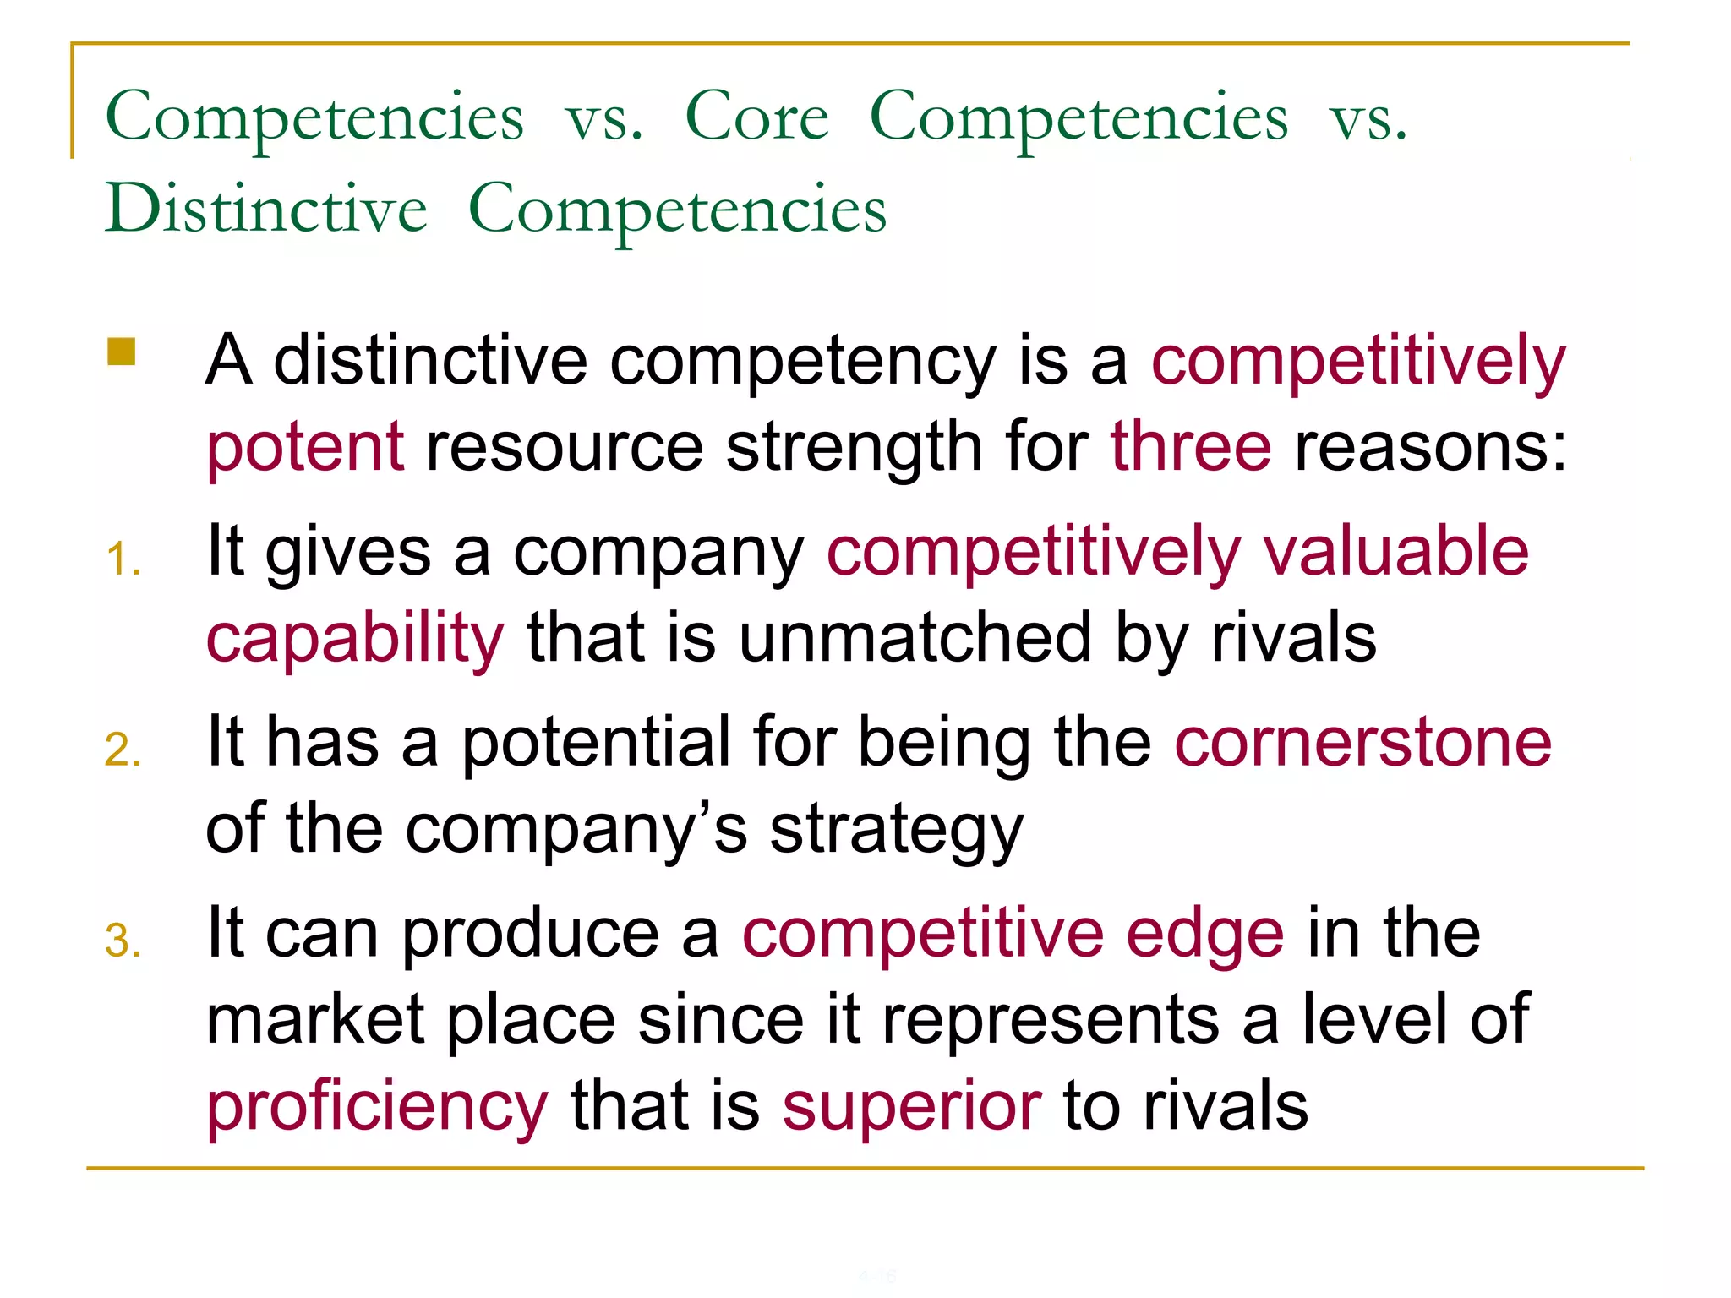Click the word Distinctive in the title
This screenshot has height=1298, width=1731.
click(x=266, y=209)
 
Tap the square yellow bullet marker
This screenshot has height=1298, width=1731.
click(x=122, y=352)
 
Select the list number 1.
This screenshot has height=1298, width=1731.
click(x=123, y=559)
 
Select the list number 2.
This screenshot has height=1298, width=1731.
click(x=123, y=750)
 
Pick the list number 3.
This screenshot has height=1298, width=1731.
click(x=123, y=941)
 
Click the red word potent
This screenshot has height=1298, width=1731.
click(x=305, y=447)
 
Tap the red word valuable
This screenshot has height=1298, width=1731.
click(x=1395, y=551)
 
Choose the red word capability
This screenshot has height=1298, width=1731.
click(x=355, y=639)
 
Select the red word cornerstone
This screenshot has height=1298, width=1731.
click(x=1362, y=743)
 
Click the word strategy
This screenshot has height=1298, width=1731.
click(x=897, y=831)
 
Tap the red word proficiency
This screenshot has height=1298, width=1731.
click(x=377, y=1107)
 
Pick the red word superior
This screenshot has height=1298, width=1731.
click(x=911, y=1107)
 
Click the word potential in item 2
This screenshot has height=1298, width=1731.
click(x=596, y=743)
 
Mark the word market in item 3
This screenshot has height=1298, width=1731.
click(x=315, y=1020)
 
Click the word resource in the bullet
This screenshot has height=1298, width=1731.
click(x=564, y=447)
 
